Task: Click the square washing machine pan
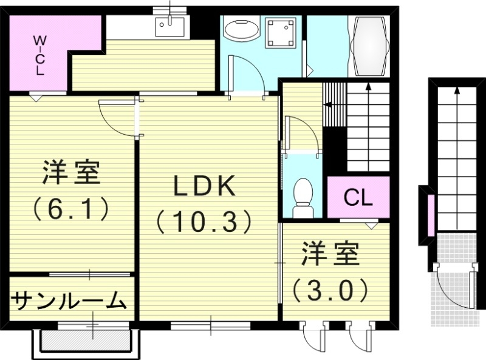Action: coord(281,32)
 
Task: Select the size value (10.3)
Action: coord(204,222)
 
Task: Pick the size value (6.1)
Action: coord(71,208)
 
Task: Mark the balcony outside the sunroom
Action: coord(85,342)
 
